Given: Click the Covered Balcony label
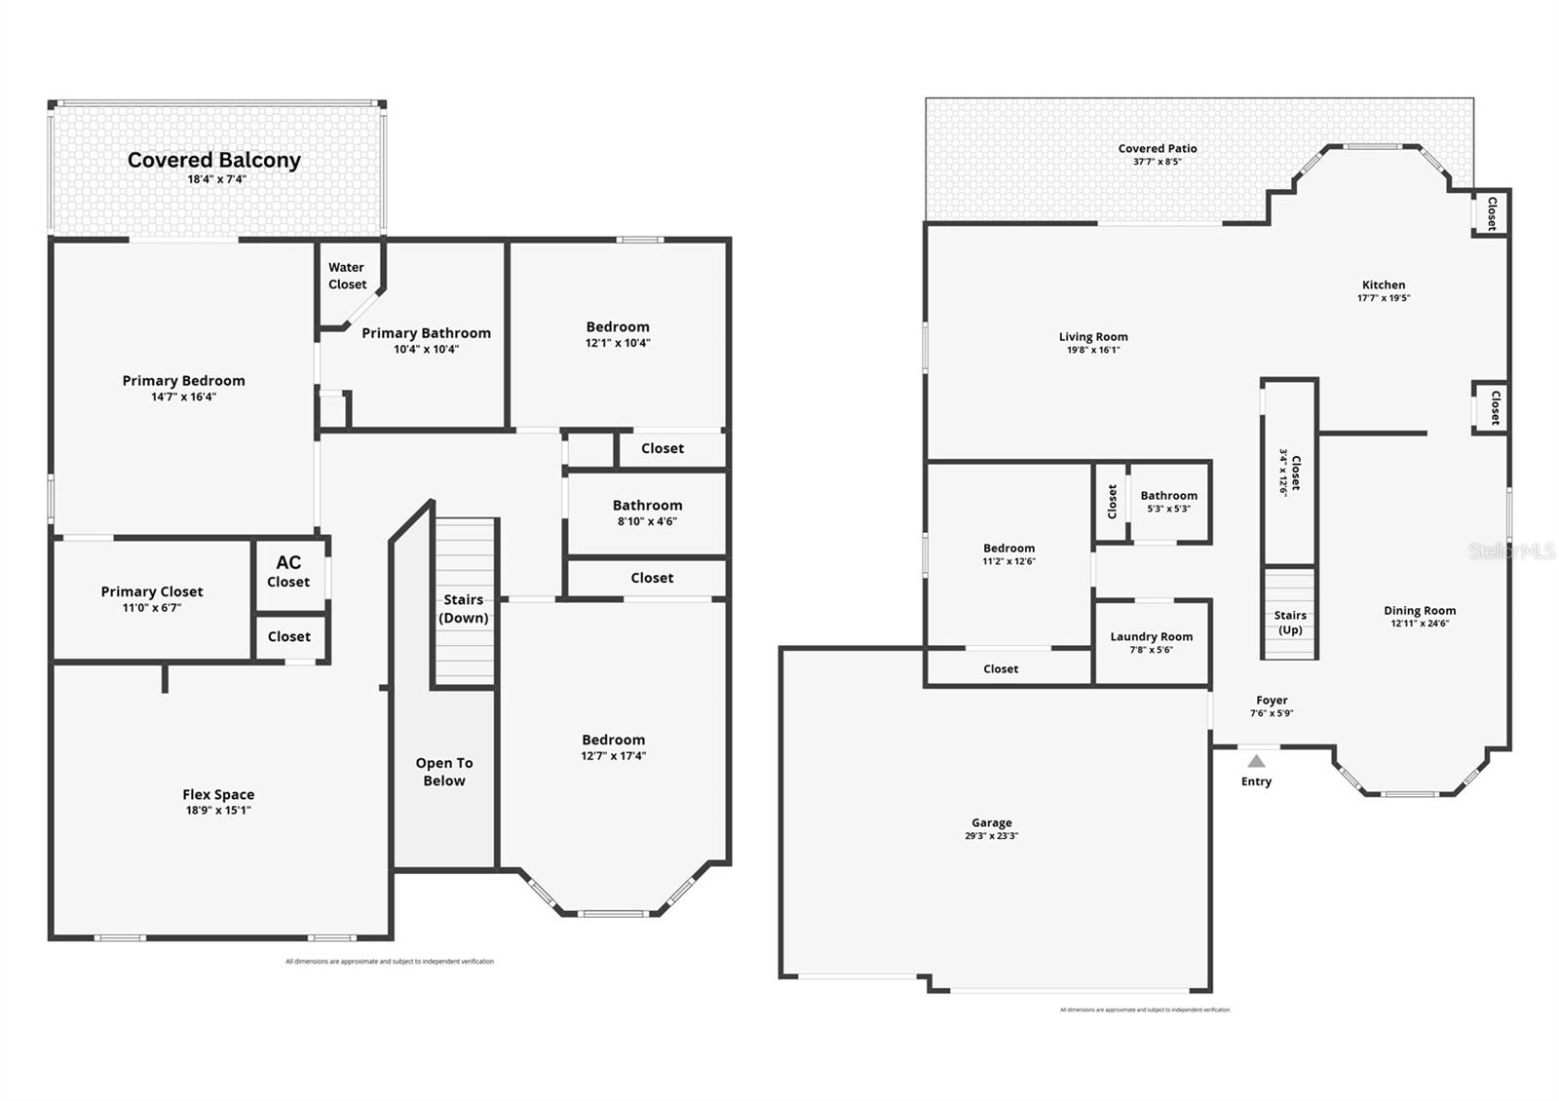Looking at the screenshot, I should (213, 160).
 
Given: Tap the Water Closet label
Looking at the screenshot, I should (347, 276).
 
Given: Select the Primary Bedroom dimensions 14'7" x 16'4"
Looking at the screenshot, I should (183, 397).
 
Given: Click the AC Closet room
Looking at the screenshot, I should (288, 572).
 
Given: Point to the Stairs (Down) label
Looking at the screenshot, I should (464, 608).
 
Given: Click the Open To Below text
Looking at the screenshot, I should (444, 772).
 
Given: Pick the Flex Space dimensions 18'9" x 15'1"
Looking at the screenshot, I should (218, 810).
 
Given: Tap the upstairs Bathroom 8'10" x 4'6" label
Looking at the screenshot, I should (647, 505).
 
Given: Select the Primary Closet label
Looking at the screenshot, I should (152, 591).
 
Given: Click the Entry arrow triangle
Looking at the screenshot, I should (1257, 761).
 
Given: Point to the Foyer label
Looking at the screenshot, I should (1272, 700).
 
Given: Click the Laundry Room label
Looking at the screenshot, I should (1151, 636).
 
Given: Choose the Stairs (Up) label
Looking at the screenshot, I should (1290, 622).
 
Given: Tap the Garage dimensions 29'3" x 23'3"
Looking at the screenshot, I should (992, 836).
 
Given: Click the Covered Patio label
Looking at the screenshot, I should (1158, 148).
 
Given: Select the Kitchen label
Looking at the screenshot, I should (1384, 285).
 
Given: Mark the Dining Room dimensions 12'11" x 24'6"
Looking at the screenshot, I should (1420, 624).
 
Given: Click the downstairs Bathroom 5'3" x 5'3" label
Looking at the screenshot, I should (1168, 495).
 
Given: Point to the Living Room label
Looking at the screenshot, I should (1093, 336).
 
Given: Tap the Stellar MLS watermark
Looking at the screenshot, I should (1511, 551).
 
